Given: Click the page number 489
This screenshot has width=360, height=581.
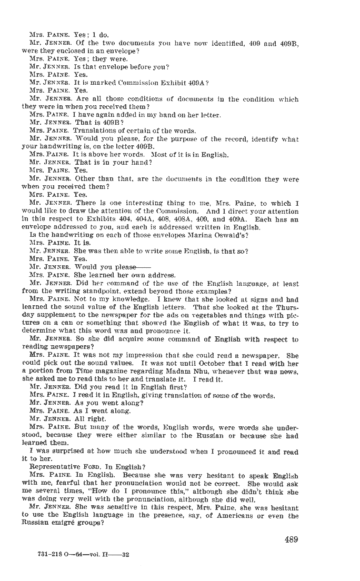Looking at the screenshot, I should pyautogui.click(x=292, y=539).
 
